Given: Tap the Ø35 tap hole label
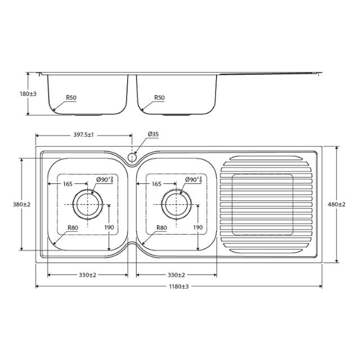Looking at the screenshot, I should [x=153, y=134].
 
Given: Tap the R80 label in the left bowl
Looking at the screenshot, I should [x=73, y=228].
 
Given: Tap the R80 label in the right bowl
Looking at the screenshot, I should [x=162, y=228].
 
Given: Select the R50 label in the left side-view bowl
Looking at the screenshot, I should [x=71, y=97].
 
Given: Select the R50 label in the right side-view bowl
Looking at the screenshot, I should [x=160, y=97].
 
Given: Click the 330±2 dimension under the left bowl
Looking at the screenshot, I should [x=87, y=275].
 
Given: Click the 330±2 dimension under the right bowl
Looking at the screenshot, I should [x=177, y=275].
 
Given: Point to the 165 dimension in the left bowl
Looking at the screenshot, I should [x=67, y=184].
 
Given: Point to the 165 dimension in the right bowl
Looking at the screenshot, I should [x=156, y=184].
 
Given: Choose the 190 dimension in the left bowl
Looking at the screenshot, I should [x=109, y=227].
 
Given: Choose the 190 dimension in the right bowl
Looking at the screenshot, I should [x=197, y=227].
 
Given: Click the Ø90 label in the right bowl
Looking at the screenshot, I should [x=193, y=180].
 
